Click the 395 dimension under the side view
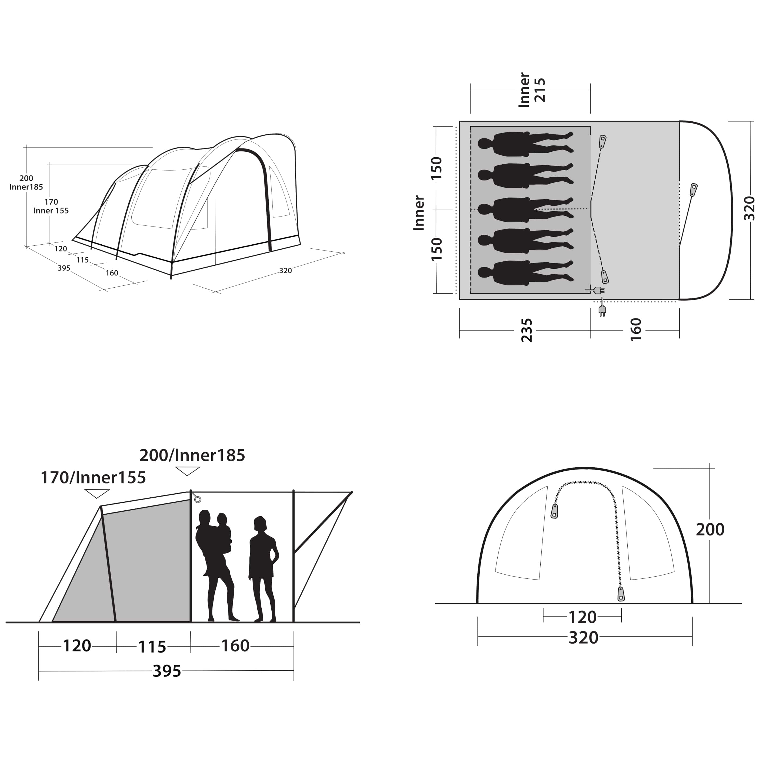coord(167,671)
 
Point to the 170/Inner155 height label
coord(94,478)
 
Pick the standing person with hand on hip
coord(264,569)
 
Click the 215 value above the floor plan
coord(540,90)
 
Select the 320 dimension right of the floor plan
coord(750,209)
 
